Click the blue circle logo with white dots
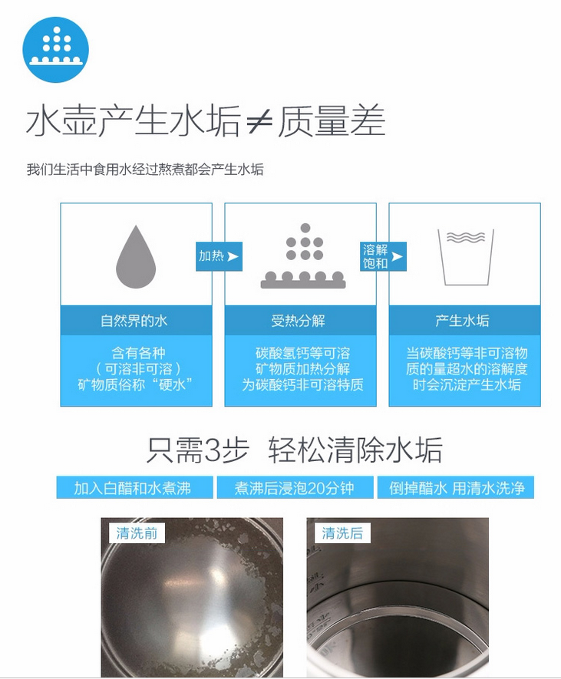click(x=55, y=50)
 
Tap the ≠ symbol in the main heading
click(x=259, y=121)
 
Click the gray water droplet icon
click(x=136, y=256)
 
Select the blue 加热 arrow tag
click(x=219, y=256)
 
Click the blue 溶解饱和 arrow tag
click(x=383, y=256)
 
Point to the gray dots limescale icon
click(x=303, y=256)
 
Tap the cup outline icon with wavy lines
click(x=466, y=258)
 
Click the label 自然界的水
click(x=134, y=321)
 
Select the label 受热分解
click(x=298, y=321)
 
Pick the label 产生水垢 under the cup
click(x=462, y=321)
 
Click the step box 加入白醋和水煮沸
click(x=135, y=488)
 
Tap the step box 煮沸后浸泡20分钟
click(x=295, y=488)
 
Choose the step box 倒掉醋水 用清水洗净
click(x=456, y=488)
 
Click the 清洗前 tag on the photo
click(x=137, y=533)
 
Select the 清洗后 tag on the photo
click(x=342, y=533)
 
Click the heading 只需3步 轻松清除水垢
click(x=295, y=450)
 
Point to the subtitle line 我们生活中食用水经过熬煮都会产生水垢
click(x=145, y=169)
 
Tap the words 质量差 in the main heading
click(x=332, y=120)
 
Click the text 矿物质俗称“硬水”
click(x=136, y=384)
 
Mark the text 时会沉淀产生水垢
click(x=467, y=384)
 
